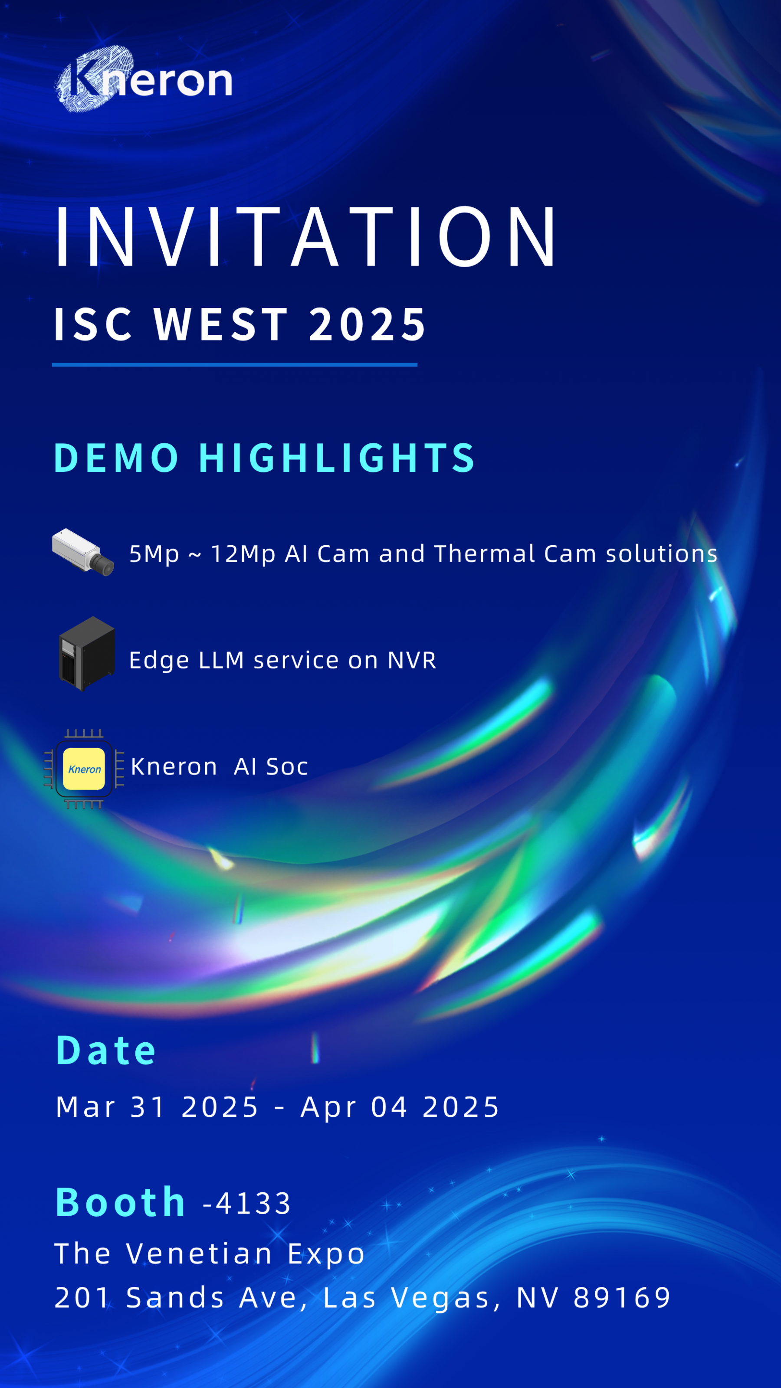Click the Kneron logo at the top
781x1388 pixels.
[143, 79]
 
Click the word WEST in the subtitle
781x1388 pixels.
[221, 324]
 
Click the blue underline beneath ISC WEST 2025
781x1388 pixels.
[234, 365]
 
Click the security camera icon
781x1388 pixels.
[83, 552]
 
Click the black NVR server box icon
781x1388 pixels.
[87, 654]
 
